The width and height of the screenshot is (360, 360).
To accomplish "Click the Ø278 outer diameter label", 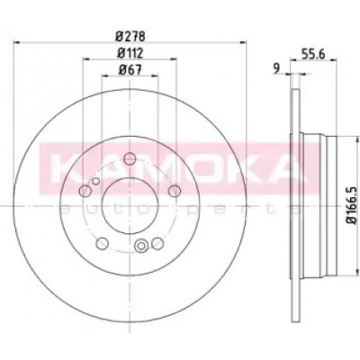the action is point(130,37).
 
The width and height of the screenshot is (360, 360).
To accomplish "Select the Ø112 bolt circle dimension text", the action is point(130,53).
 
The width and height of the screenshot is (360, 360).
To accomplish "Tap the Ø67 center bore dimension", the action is point(130,70).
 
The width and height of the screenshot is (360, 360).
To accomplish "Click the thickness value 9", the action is point(276,67).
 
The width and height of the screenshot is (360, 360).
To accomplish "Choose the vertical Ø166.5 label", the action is point(352,204).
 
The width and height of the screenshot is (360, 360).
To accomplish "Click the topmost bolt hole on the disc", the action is point(130,158).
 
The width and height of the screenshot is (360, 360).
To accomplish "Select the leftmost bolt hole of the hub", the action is point(85,190).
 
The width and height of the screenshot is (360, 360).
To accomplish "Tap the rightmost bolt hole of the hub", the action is point(175,191).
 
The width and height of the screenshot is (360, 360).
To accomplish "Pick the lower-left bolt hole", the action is point(103,243).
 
